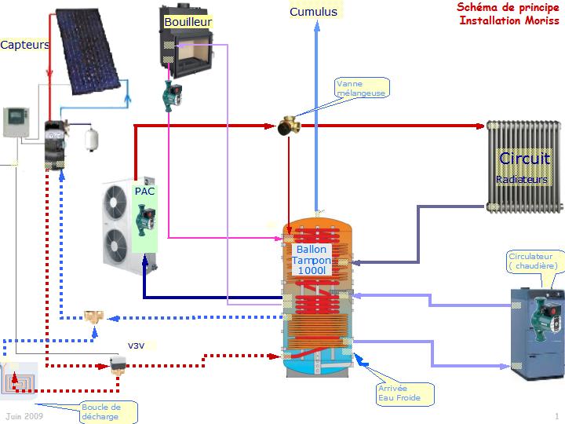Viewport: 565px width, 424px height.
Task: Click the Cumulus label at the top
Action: pyautogui.click(x=313, y=12)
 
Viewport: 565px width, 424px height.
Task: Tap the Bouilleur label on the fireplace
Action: pyautogui.click(x=188, y=23)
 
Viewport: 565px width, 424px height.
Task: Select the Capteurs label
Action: pyautogui.click(x=24, y=45)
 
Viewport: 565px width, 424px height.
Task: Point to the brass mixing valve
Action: pyautogui.click(x=289, y=125)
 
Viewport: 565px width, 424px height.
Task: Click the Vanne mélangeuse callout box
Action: pyautogui.click(x=361, y=88)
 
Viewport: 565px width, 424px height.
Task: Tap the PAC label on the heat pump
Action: pyautogui.click(x=144, y=191)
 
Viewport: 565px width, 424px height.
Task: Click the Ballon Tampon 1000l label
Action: pyautogui.click(x=312, y=260)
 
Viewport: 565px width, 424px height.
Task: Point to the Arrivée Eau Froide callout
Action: pyautogui.click(x=404, y=393)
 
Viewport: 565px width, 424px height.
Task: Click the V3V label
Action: pyautogui.click(x=137, y=345)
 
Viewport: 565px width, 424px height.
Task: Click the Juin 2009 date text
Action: pyautogui.click(x=24, y=415)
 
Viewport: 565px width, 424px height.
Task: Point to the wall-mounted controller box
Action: pyautogui.click(x=15, y=122)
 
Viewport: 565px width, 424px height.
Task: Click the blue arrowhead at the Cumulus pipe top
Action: pyautogui.click(x=316, y=26)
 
